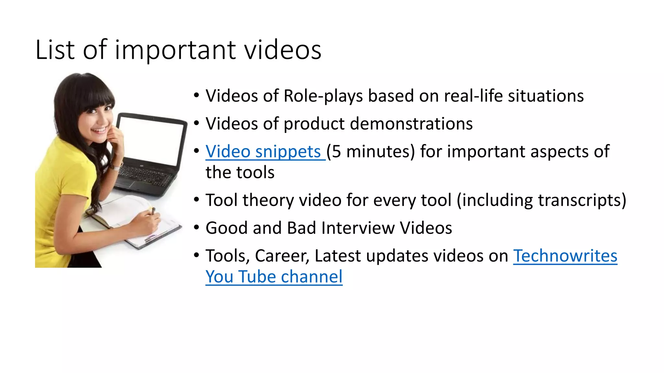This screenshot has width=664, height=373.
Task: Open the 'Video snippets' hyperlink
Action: coord(263,152)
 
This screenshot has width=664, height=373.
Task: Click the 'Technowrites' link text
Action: coord(565,256)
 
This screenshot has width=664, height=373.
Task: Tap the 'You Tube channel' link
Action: coord(274,277)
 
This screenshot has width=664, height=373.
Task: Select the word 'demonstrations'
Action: coord(411,124)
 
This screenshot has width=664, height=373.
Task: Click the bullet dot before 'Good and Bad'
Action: coord(196,227)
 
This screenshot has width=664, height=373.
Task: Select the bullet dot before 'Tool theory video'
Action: coord(196,199)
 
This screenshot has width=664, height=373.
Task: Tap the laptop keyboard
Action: coord(146,176)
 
